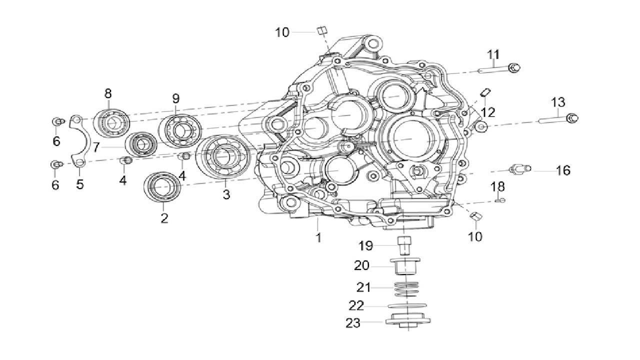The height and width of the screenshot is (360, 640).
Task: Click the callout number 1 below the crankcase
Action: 318,237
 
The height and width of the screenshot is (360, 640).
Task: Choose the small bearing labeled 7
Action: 141,144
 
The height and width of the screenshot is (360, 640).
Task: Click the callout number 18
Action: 497,187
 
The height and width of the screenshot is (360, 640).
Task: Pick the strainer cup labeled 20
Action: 405,265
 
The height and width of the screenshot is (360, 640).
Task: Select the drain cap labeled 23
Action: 407,321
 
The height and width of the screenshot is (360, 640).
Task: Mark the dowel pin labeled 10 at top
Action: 322,31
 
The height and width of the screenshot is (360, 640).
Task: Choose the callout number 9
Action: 176,98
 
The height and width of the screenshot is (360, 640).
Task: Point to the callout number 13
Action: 558,102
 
